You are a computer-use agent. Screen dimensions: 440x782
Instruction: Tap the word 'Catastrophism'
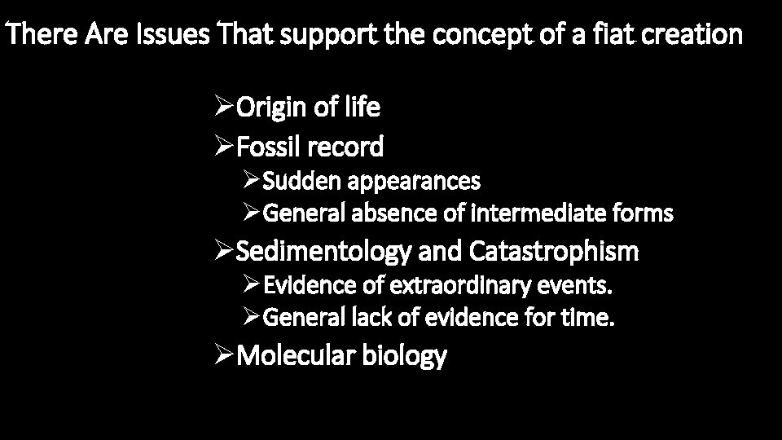point(554,253)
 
